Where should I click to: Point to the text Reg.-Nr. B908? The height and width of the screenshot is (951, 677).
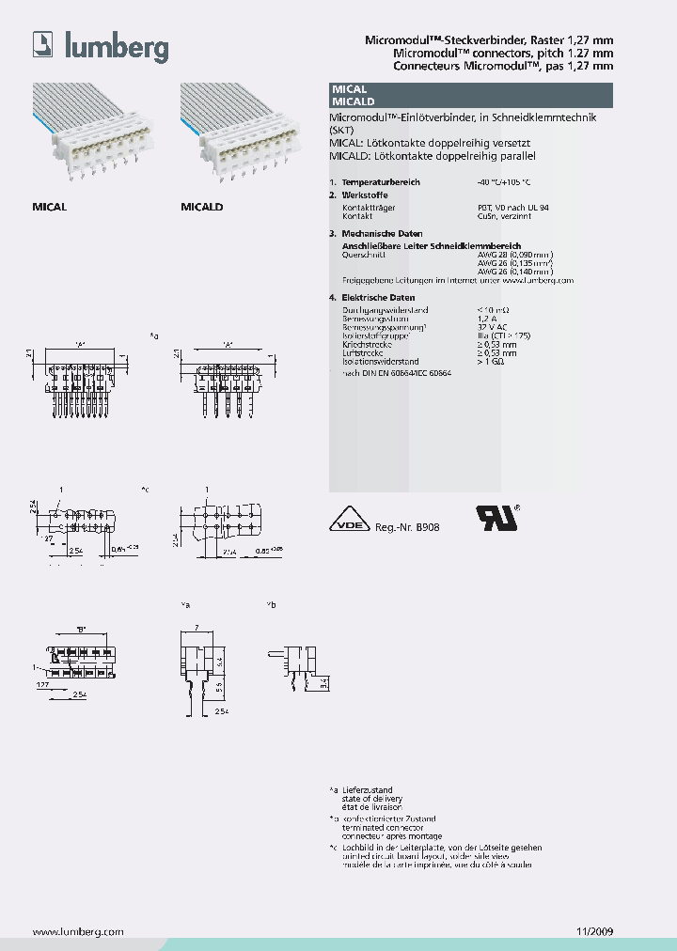tap(407, 528)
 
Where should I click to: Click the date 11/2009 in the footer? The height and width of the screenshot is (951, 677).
tap(593, 931)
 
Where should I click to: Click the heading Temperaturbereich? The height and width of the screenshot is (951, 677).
tap(381, 181)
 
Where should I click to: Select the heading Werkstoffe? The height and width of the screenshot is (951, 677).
tap(364, 195)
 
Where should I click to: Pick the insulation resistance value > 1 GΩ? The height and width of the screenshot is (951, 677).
tap(491, 362)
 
